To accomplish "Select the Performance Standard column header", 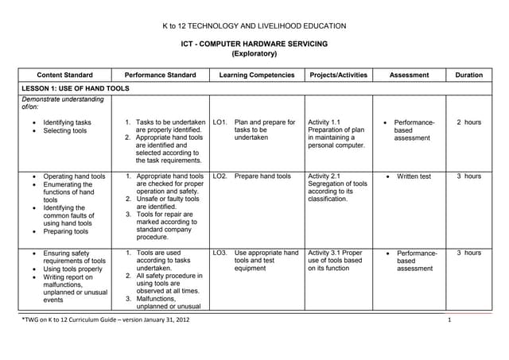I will (x=160, y=75).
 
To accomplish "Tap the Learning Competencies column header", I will (x=255, y=75).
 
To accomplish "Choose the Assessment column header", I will (x=409, y=75).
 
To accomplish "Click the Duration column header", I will (x=468, y=75).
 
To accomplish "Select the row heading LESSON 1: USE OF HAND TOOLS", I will (x=75, y=88).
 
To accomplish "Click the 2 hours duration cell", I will (x=468, y=122).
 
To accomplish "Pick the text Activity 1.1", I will (x=324, y=122).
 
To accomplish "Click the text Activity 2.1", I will (x=324, y=176).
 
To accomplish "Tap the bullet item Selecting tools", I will (x=66, y=130).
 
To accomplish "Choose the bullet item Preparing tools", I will (x=68, y=231).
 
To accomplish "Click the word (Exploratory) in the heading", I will (x=254, y=54).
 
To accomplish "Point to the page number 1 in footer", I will (x=449, y=319).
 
